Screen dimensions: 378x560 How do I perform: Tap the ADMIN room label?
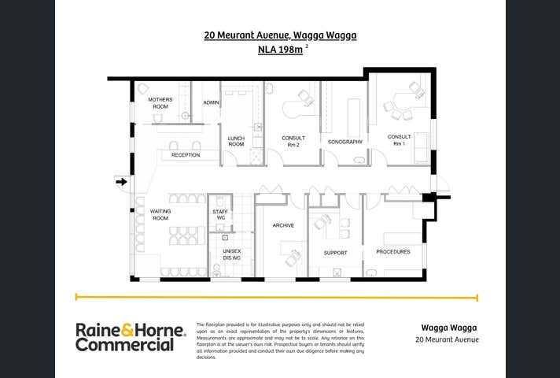pos(211,103)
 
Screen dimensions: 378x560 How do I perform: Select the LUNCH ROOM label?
pos(236,142)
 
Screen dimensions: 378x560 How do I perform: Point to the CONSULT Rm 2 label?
pos(293,142)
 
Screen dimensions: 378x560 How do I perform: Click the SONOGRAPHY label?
pos(344,142)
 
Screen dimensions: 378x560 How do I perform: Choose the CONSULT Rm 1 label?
pos(399,140)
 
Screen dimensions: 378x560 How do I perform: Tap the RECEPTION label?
pos(186,155)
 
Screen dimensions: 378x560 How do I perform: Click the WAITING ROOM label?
pos(160,215)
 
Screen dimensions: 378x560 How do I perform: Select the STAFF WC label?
pos(220,215)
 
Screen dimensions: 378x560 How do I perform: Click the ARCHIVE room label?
pos(283,225)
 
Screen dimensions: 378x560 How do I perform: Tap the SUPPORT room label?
pos(335,253)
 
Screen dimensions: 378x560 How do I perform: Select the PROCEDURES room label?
pos(392,252)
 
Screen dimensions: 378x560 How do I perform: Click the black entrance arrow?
pos(121,182)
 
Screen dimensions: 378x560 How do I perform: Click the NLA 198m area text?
pos(280,50)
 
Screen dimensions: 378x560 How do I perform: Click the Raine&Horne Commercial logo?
pos(131,337)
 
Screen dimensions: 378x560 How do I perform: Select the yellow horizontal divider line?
pos(276,298)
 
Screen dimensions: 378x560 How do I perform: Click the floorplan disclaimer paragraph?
pos(280,340)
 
